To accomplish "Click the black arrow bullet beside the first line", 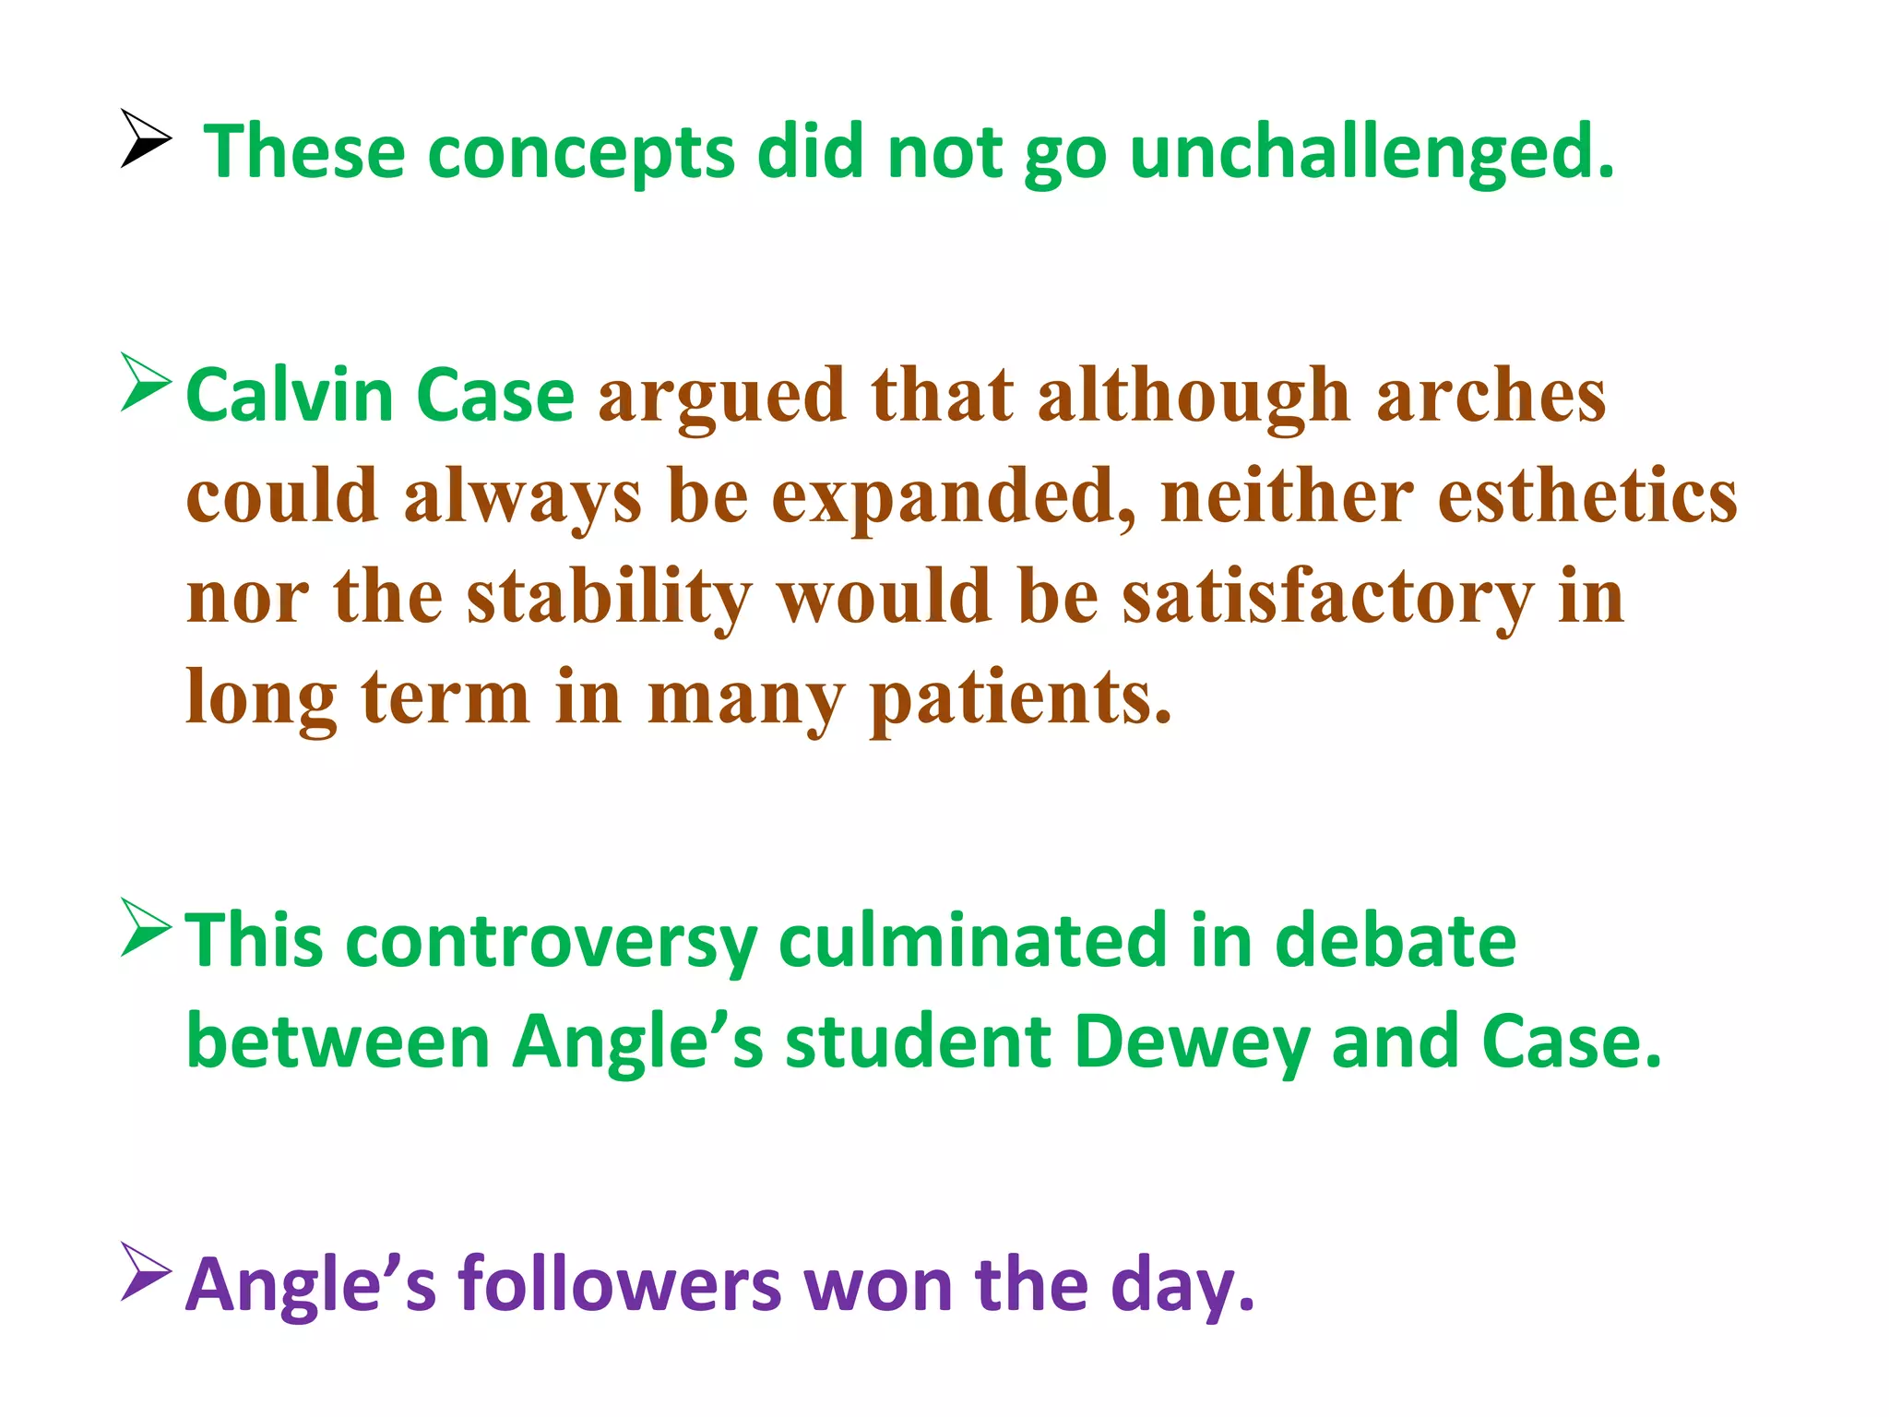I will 145,139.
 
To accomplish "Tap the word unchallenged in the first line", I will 1372,152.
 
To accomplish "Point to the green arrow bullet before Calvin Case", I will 145,382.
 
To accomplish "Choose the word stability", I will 609,598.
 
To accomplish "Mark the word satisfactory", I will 1328,598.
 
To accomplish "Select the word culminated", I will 972,941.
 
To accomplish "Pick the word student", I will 918,1042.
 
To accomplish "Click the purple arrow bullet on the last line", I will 145,1272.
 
